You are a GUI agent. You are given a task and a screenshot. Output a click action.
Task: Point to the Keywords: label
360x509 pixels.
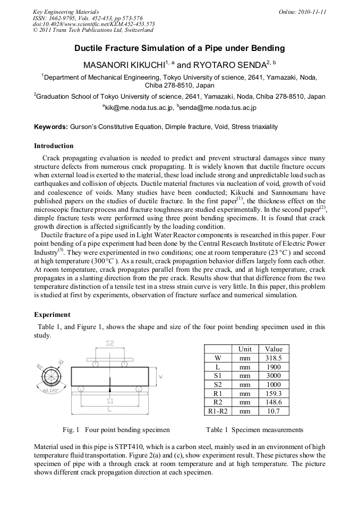(51, 127)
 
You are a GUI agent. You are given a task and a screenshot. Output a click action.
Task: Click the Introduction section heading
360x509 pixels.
(54, 146)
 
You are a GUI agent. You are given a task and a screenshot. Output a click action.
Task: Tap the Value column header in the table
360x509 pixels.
(273, 349)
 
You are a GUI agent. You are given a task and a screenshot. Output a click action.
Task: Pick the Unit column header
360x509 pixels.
(245, 349)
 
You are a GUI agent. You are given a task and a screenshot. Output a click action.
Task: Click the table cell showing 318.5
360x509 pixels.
(273, 358)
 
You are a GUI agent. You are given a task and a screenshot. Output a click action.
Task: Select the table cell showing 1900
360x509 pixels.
(273, 367)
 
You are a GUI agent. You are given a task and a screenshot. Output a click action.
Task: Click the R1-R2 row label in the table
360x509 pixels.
(218, 411)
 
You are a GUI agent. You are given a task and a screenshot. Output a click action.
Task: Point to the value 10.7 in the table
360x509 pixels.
(273, 411)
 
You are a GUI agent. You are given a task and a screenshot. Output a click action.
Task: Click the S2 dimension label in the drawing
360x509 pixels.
(109, 343)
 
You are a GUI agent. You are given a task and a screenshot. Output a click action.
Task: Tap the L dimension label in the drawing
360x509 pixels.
(109, 410)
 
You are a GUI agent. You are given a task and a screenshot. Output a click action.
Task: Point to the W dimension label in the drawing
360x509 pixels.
(161, 376)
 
